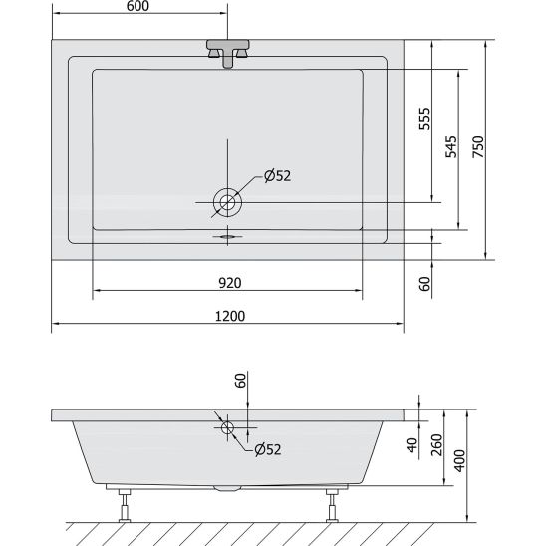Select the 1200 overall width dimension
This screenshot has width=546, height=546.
tap(228, 316)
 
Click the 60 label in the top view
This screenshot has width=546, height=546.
tap(423, 285)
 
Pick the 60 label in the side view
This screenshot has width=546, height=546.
tap(239, 382)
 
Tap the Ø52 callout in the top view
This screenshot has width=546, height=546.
tap(277, 177)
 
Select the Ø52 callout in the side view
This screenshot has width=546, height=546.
tap(268, 449)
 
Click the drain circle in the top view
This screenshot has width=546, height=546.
tap(228, 202)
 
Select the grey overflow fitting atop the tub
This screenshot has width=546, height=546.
tap(228, 51)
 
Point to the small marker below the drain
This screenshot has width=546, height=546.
tap(228, 237)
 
